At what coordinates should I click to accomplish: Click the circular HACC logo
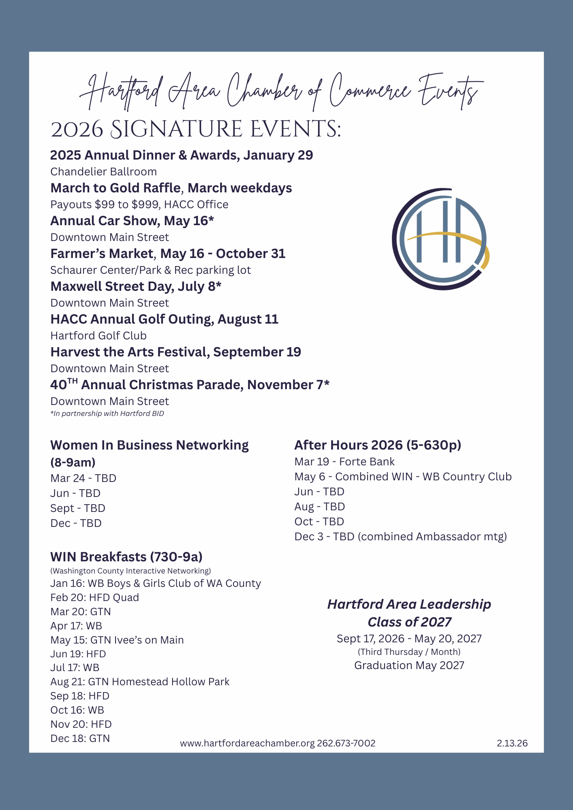(441, 239)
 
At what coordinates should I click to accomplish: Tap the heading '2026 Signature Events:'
(196, 130)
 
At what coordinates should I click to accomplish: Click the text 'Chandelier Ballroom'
(103, 172)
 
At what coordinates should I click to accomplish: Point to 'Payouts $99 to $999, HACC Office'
(139, 205)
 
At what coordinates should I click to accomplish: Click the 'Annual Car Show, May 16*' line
(132, 221)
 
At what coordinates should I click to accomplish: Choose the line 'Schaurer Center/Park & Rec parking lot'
(150, 270)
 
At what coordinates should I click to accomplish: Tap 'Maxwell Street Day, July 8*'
(136, 286)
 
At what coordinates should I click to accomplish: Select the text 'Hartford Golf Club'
(98, 336)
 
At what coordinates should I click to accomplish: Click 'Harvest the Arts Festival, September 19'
(175, 352)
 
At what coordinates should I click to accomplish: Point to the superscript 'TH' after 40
(72, 381)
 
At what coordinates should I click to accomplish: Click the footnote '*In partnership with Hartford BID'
(107, 414)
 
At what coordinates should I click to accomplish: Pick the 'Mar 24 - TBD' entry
(83, 478)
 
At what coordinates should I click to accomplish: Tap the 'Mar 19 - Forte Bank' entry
(344, 462)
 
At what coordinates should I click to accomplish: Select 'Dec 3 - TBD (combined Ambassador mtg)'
(400, 537)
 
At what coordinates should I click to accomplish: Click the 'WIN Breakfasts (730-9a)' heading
(126, 557)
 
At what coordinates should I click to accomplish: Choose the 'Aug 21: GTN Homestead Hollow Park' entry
(140, 682)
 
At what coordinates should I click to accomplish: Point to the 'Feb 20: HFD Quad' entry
(94, 597)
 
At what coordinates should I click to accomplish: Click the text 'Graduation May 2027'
(409, 665)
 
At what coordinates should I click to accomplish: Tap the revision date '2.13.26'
(512, 743)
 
